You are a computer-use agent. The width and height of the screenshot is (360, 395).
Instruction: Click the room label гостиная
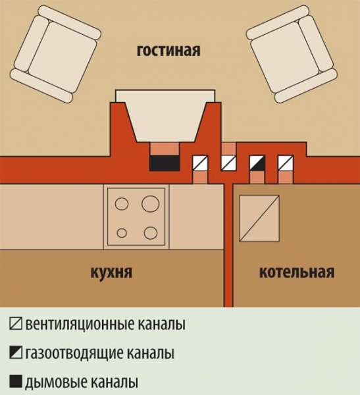pos(168,51)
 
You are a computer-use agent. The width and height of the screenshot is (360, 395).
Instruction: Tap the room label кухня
pos(111,273)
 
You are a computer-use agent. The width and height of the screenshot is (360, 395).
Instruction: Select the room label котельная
pos(297,272)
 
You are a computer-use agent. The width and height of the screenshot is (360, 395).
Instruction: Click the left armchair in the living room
pos(55,55)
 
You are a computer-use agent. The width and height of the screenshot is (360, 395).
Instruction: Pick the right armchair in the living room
pos(292,55)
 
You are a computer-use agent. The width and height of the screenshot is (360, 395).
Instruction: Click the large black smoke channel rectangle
pos(165,163)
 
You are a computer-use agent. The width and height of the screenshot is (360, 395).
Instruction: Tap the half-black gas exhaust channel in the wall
pos(257,163)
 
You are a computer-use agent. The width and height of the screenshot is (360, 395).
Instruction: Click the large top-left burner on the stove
pos(122,203)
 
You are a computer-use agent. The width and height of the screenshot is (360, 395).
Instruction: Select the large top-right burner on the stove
pos(151,203)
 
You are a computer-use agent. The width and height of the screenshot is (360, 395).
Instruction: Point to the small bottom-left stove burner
pos(122,233)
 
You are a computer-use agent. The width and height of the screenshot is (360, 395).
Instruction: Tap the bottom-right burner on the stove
pos(151,233)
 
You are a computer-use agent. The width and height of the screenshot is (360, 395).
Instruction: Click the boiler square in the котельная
pos(259,219)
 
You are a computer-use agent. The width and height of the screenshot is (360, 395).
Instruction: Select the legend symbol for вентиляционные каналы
pos(16,324)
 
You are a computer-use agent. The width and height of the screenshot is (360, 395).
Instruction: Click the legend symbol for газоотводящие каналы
pos(16,353)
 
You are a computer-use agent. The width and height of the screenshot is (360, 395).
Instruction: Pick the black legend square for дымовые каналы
pos(16,382)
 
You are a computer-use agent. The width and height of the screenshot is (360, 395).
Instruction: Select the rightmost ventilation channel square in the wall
pos(286,163)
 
